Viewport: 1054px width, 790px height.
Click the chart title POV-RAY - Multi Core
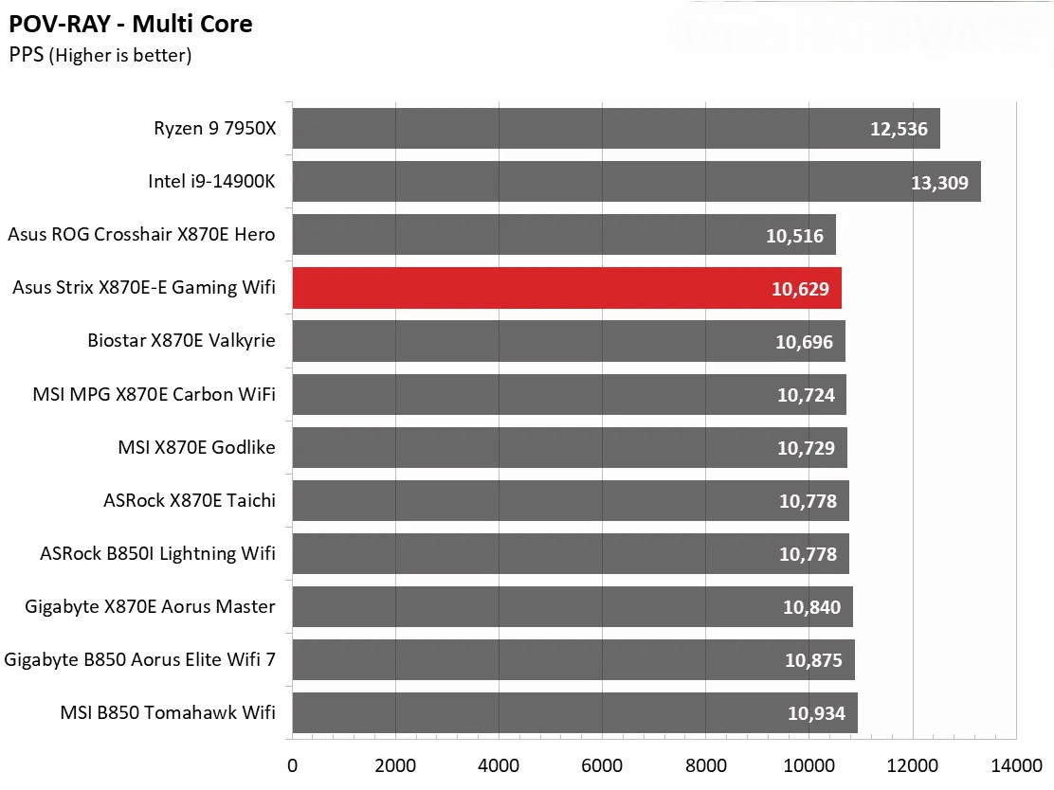[x=131, y=24]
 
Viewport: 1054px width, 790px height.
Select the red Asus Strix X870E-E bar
[x=566, y=288]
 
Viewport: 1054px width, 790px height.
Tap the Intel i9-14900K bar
[x=635, y=182]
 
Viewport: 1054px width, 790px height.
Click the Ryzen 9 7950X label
[x=214, y=128]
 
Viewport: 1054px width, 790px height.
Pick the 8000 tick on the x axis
[x=705, y=763]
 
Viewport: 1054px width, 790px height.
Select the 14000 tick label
[x=1015, y=763]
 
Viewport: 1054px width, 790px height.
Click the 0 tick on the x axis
[x=292, y=763]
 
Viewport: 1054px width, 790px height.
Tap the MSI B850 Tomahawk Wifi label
[x=168, y=711]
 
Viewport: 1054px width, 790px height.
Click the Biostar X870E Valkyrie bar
[x=568, y=341]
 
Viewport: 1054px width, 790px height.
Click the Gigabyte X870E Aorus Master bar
[x=572, y=606]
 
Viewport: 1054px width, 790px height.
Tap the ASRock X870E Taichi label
[x=190, y=499]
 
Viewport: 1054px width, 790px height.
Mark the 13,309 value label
[x=939, y=182]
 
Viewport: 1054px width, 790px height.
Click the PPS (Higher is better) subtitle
[x=100, y=56]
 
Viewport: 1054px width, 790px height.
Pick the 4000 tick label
[x=499, y=763]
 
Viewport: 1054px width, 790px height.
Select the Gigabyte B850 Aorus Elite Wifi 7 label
[x=140, y=658]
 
